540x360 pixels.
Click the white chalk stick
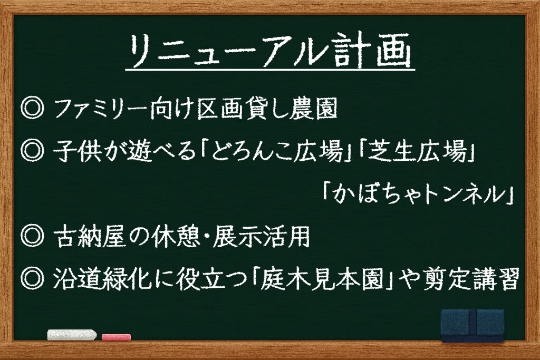[72, 335]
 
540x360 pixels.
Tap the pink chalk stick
[116, 337]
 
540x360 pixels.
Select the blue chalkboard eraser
[472, 326]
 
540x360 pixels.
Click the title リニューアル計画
[270, 51]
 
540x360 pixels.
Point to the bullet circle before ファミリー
[32, 108]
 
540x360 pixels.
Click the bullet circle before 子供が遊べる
[32, 151]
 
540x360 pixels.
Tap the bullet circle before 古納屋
[32, 236]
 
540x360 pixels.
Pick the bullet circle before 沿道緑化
[32, 278]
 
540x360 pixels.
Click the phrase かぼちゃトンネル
[418, 194]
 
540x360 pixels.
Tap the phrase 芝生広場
[417, 151]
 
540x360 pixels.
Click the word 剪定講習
[470, 279]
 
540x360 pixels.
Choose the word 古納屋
[90, 237]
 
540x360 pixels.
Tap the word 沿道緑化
[102, 279]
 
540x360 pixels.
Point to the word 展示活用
[261, 237]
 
